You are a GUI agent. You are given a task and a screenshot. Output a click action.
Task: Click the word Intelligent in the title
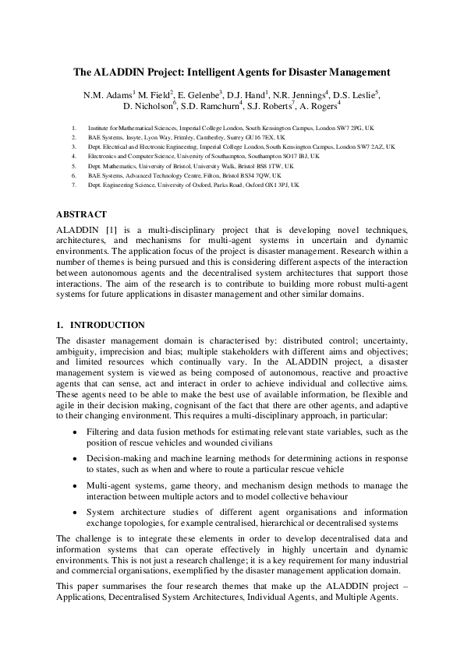tap(215, 72)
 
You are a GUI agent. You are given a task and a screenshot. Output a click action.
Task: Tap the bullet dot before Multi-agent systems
tap(74, 485)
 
